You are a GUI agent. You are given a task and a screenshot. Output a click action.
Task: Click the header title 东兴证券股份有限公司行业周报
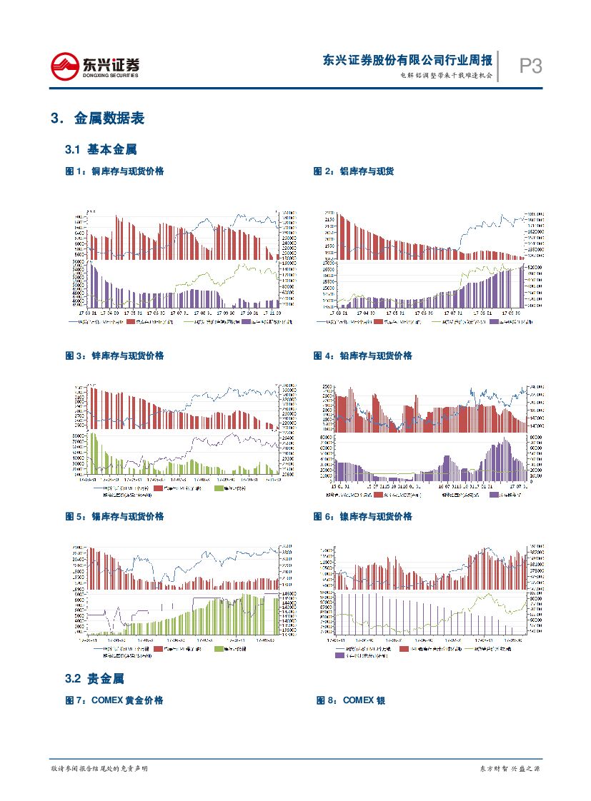pyautogui.click(x=407, y=60)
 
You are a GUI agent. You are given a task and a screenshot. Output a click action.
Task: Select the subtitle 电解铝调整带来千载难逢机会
pyautogui.click(x=446, y=75)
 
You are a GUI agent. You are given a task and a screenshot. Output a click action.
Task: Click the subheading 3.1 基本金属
pyautogui.click(x=101, y=150)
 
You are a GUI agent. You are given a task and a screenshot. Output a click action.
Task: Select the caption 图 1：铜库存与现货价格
pyautogui.click(x=114, y=171)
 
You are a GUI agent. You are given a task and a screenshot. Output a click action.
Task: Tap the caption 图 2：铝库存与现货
pyautogui.click(x=354, y=171)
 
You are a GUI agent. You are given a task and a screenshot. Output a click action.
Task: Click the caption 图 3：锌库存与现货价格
pyautogui.click(x=114, y=356)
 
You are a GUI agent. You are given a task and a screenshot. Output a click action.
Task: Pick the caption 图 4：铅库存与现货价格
pyautogui.click(x=362, y=356)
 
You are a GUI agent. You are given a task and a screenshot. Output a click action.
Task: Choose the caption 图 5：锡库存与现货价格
pyautogui.click(x=114, y=516)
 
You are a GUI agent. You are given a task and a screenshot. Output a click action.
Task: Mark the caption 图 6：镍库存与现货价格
pyautogui.click(x=362, y=516)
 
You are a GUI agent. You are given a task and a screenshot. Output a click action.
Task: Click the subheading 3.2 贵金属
pyautogui.click(x=94, y=678)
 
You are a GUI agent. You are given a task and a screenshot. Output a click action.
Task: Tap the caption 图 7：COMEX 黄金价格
pyautogui.click(x=114, y=700)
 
